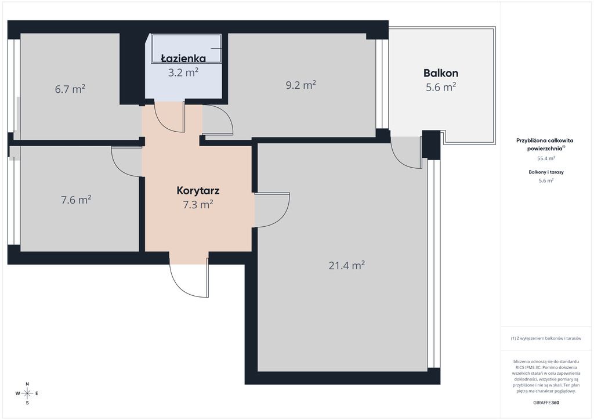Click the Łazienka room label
tap(183, 59)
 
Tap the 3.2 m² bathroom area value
tap(183, 72)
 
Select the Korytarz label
tap(198, 190)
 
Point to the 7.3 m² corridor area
tap(198, 205)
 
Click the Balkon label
tap(441, 73)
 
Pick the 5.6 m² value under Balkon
tap(441, 87)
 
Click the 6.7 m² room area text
tap(70, 89)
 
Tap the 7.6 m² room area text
tap(76, 200)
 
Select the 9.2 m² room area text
tap(301, 85)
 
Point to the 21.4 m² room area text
tap(347, 265)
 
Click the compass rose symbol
tap(27, 393)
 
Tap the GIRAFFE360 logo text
tap(546, 403)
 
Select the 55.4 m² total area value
tap(546, 158)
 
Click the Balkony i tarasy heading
tap(546, 172)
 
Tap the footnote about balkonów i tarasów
tap(546, 338)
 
